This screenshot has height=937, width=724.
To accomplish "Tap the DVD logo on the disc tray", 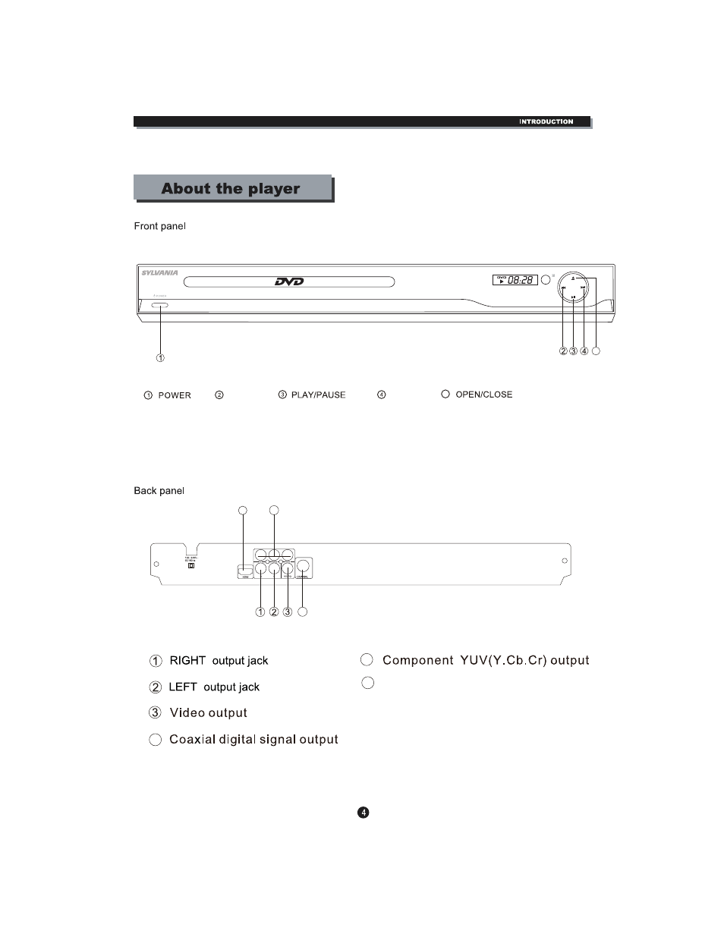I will click(x=289, y=282).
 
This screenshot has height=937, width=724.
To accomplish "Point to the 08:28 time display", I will click(x=521, y=280).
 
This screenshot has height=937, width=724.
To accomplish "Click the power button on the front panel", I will click(x=160, y=307).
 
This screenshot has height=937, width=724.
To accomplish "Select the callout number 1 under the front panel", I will click(x=160, y=357).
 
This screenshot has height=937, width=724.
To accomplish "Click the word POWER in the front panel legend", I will click(x=175, y=395).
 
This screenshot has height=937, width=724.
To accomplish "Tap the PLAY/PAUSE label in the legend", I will click(x=318, y=395).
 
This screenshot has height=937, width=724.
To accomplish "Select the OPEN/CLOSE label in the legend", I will click(x=483, y=395).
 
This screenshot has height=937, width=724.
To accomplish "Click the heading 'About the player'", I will click(x=231, y=189).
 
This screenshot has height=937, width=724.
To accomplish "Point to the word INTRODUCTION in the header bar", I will click(x=546, y=121).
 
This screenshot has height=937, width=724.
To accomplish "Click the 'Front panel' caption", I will click(x=159, y=226).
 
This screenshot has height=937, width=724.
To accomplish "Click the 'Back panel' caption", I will click(x=159, y=491).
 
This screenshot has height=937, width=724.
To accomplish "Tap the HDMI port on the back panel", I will click(x=244, y=571).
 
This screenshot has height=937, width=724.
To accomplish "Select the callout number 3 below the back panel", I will click(x=288, y=612).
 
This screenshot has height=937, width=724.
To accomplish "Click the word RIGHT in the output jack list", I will click(x=187, y=661).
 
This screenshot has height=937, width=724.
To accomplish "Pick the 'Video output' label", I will click(x=208, y=713).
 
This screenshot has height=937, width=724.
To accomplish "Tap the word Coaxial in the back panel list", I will click(x=192, y=740).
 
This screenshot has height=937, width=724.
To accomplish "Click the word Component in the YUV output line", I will click(x=417, y=660).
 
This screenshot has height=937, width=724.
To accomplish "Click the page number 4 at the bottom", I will click(x=364, y=813).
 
